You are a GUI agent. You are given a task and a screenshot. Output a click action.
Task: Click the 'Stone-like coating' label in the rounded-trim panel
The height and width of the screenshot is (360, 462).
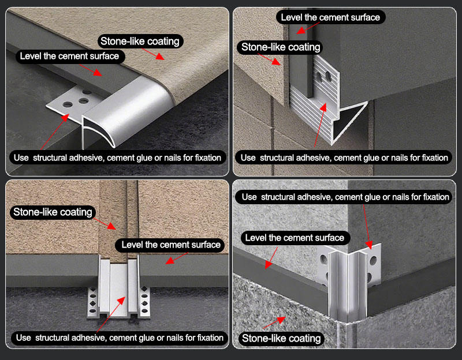click(x=140, y=41)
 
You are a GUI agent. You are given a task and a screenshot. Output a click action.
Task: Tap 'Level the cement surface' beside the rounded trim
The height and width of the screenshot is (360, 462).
click(x=70, y=56)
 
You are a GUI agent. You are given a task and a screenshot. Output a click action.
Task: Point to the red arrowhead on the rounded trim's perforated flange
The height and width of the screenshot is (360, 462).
click(x=65, y=117)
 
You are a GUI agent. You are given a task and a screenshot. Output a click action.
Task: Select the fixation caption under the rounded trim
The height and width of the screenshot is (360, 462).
click(x=117, y=157)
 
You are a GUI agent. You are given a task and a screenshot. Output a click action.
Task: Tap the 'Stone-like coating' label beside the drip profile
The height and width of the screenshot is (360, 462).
click(x=280, y=47)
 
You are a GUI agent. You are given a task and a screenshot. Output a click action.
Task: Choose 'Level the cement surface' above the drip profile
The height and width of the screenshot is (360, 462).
click(x=330, y=17)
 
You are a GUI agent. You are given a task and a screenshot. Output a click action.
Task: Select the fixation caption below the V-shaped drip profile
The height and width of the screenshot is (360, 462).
click(x=344, y=157)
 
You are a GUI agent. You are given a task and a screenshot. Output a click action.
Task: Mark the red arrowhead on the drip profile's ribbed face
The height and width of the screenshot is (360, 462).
click(x=323, y=107)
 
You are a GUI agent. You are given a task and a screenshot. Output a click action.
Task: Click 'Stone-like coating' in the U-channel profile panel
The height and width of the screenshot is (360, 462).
click(x=53, y=212)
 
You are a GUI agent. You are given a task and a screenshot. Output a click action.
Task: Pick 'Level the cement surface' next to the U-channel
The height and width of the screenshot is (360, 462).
click(x=170, y=245)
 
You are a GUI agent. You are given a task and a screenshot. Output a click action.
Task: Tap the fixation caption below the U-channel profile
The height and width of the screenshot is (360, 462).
click(x=119, y=337)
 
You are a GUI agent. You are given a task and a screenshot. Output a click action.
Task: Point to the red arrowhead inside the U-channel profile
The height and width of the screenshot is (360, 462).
click(x=121, y=301)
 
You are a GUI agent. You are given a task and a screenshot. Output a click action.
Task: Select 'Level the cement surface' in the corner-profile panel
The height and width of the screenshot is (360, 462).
click(x=295, y=238)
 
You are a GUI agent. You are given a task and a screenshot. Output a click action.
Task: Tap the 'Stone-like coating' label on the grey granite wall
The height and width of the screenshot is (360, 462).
click(x=281, y=339)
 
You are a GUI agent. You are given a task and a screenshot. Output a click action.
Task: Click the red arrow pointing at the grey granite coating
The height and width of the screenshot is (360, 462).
click(x=274, y=322)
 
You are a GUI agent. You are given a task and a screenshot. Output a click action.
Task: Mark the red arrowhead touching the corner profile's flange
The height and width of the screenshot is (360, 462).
click(x=369, y=245)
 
